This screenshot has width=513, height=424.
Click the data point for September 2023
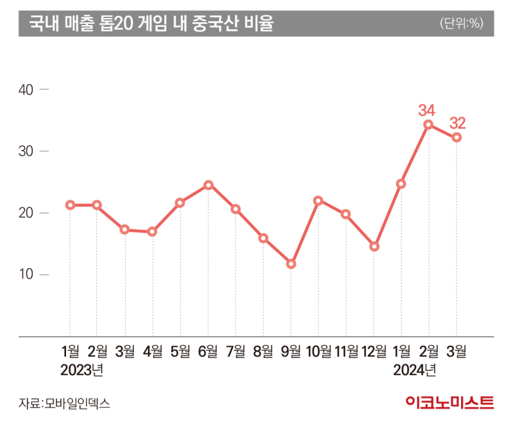pos(291,264)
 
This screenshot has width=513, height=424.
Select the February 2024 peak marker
pos(428,124)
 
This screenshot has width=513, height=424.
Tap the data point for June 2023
pos(208,185)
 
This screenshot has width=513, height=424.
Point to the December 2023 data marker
pos(374,246)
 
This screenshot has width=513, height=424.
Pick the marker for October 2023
pos(319,200)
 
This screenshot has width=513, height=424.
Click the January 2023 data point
pos(70,205)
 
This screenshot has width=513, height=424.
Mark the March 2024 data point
pos(457,137)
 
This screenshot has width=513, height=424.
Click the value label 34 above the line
pos(426,110)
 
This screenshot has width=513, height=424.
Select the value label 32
pos(458,122)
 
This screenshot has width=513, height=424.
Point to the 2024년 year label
pos(414,370)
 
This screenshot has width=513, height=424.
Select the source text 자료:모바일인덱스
pos(63,403)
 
